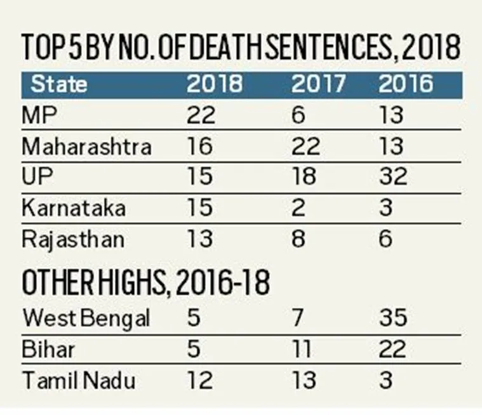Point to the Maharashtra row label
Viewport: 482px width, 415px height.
coord(86,147)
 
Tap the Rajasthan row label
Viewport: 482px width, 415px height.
coord(74,239)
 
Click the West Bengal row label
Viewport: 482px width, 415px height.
coord(86,318)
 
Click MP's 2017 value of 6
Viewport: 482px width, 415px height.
coord(299,115)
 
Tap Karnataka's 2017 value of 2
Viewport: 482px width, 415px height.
coord(299,208)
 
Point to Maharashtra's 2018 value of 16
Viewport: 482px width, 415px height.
coord(199,147)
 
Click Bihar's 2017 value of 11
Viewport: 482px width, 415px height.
coord(304,349)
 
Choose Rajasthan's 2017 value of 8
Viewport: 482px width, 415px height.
coord(299,239)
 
